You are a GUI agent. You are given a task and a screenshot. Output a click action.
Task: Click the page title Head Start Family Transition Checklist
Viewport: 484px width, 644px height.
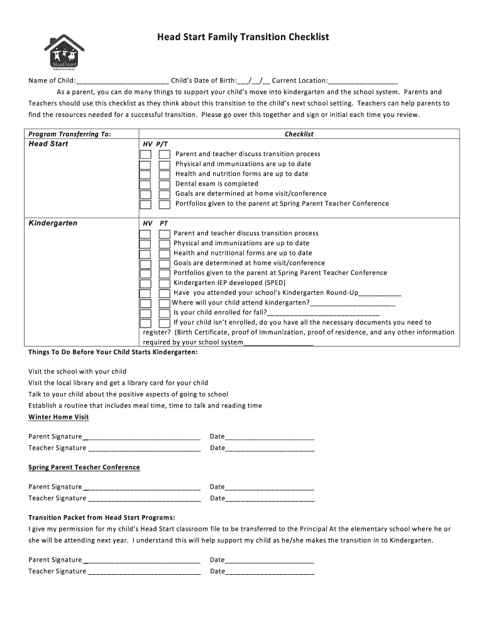[x=243, y=38]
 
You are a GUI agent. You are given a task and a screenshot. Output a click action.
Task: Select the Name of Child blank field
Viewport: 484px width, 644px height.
[x=122, y=81]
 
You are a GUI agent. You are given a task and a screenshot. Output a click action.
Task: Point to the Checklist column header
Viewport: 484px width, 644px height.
[x=299, y=134]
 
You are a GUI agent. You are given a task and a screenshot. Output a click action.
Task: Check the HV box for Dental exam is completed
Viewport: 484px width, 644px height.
[x=145, y=184]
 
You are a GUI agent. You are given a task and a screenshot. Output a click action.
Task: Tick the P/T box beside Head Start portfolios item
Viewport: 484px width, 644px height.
[x=164, y=204]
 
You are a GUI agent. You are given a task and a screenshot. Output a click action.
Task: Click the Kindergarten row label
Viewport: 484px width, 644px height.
[x=53, y=223]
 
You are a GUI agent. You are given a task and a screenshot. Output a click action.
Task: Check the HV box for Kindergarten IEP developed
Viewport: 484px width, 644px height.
[x=145, y=283]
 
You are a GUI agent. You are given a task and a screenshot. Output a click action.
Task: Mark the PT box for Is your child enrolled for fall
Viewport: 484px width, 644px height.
[x=164, y=313]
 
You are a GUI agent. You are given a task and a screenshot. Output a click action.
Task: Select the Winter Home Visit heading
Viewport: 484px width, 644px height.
[x=58, y=417]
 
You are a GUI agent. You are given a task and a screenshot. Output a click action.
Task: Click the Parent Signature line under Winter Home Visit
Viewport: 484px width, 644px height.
[x=141, y=437]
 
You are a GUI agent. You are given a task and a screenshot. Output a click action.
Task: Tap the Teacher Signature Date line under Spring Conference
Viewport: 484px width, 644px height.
[x=270, y=498]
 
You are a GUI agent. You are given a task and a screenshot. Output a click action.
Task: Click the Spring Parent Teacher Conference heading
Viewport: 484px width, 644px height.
[x=84, y=467]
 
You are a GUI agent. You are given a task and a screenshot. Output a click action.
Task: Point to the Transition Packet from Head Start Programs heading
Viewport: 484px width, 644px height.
[x=102, y=518]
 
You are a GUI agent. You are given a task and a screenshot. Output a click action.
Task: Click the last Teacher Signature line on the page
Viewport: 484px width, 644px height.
[x=145, y=572]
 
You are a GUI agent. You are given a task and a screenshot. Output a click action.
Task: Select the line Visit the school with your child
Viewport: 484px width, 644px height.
[x=77, y=371]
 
